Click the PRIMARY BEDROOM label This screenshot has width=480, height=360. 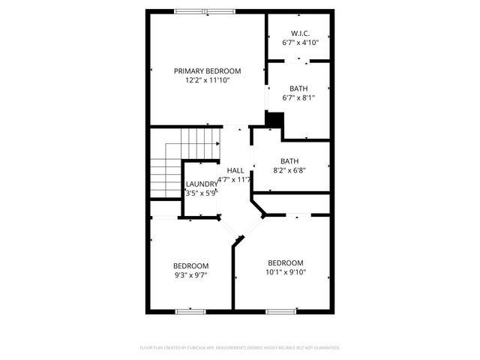(x=208, y=70)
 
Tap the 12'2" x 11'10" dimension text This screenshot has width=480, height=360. (x=208, y=79)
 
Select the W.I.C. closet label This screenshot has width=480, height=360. (x=298, y=34)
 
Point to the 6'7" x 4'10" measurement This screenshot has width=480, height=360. (x=298, y=43)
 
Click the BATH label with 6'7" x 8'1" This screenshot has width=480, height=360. (x=298, y=88)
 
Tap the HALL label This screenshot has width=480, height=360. (x=235, y=170)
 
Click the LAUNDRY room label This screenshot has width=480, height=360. (x=201, y=184)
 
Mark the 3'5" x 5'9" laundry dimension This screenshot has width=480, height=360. (x=201, y=193)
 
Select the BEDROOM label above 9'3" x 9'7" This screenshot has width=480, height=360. (x=190, y=265)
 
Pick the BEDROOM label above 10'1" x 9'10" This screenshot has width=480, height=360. (x=286, y=262)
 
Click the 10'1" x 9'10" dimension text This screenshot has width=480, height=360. (x=286, y=272)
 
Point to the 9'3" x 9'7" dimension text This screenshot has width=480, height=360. (x=190, y=275)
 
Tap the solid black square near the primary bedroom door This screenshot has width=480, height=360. (x=275, y=119)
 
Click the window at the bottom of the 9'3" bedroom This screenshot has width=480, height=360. (x=190, y=311)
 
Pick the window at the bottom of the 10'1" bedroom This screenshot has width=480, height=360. (x=281, y=311)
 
